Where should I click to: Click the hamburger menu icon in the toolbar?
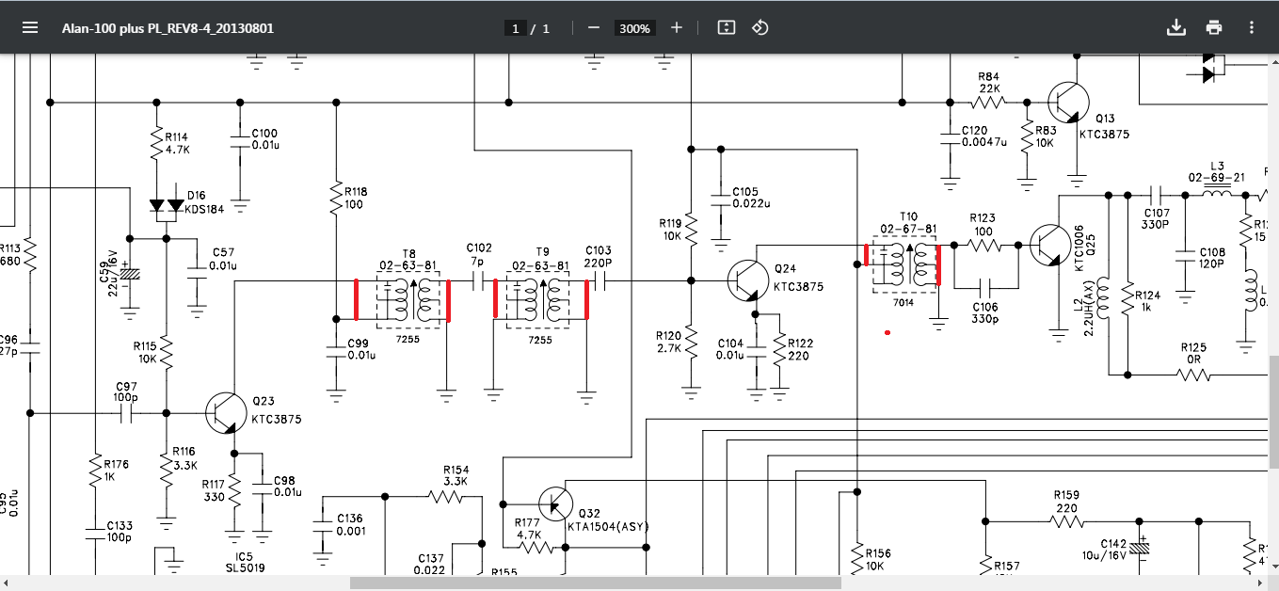30,27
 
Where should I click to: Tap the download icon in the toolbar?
1175,27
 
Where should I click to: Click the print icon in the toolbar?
1214,27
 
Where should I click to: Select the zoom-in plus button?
677,28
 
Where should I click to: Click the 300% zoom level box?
633,28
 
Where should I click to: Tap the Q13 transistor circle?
1069,102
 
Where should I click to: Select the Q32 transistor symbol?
557,504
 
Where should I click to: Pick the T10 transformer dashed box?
904,266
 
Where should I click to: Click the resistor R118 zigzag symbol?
336,199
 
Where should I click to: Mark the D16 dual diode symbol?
167,206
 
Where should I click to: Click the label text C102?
479,249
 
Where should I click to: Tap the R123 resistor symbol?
985,245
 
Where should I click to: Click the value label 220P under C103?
598,264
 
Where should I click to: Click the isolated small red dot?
887,332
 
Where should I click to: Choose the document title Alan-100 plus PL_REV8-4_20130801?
168,28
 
